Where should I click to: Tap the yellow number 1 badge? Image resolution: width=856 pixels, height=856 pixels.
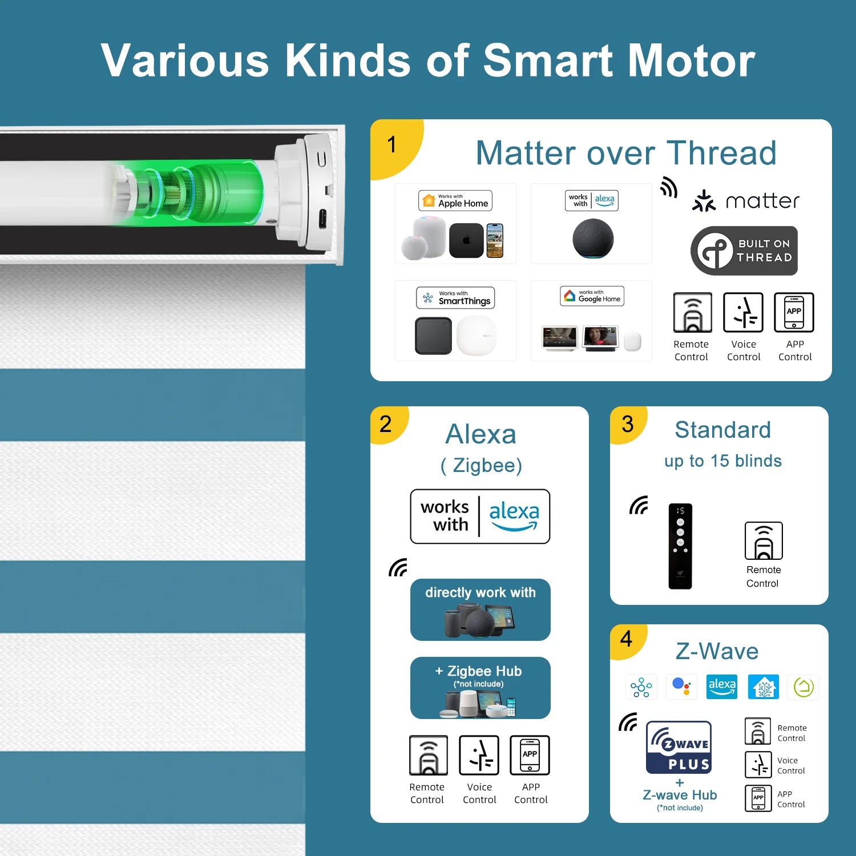pyautogui.click(x=394, y=146)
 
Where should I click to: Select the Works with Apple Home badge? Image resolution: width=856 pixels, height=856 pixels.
pyautogui.click(x=455, y=201)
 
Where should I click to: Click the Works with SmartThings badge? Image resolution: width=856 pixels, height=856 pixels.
pyautogui.click(x=455, y=298)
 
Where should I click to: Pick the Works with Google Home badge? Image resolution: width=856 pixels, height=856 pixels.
pyautogui.click(x=592, y=296)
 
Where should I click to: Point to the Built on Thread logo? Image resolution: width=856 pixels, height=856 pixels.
pyautogui.click(x=744, y=251)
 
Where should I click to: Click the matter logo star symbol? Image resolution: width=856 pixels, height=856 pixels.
pyautogui.click(x=704, y=201)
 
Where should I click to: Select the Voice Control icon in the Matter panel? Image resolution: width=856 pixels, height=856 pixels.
pyautogui.click(x=744, y=312)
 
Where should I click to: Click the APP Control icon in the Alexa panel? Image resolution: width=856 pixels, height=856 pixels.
pyautogui.click(x=530, y=755)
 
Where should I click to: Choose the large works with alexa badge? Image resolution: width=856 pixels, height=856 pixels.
pyautogui.click(x=480, y=516)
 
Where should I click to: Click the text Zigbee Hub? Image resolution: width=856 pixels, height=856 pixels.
pyautogui.click(x=484, y=671)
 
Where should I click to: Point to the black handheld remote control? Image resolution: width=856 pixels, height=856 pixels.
pyautogui.click(x=680, y=546)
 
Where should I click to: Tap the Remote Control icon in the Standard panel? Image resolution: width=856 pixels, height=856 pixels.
pyautogui.click(x=764, y=541)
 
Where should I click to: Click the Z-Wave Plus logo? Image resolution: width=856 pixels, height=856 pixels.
pyautogui.click(x=679, y=747)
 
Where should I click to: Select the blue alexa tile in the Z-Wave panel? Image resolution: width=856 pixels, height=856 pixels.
pyautogui.click(x=722, y=687)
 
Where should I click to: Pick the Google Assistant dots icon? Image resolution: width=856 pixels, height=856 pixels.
pyautogui.click(x=681, y=687)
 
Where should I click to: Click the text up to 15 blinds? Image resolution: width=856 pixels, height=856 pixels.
pyautogui.click(x=723, y=461)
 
